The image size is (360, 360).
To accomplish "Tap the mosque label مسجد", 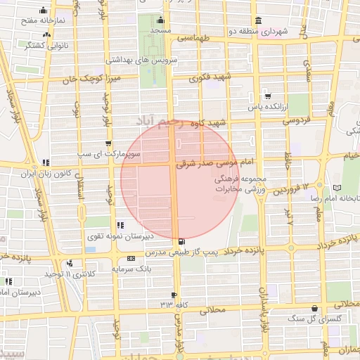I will coord(160,32).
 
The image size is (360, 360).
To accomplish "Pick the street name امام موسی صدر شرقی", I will coord(211,162).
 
